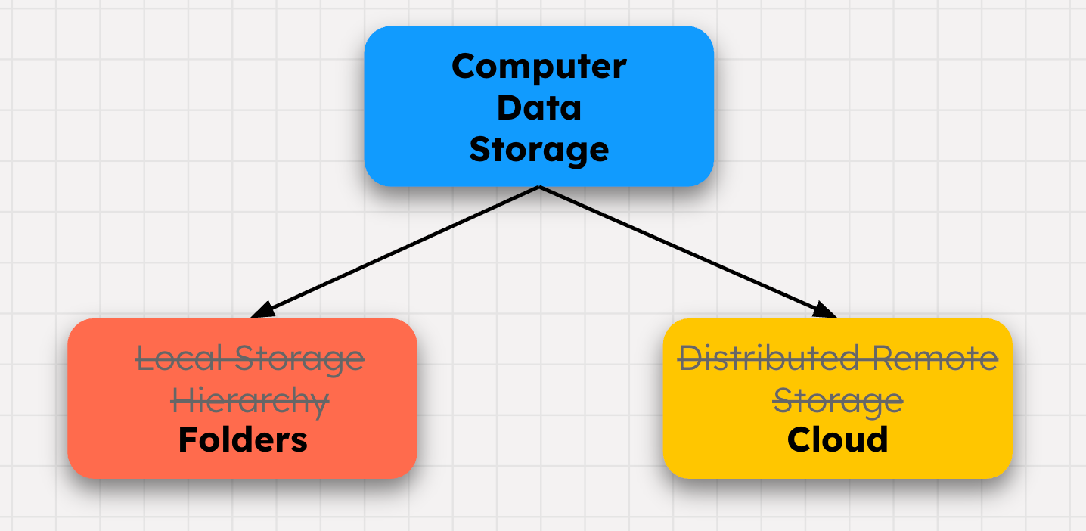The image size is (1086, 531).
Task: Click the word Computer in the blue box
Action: [538, 67]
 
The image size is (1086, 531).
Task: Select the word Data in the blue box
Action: [538, 107]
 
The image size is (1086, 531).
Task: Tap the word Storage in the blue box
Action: [538, 150]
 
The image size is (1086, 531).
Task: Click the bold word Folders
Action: [243, 439]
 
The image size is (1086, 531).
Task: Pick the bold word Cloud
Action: [837, 439]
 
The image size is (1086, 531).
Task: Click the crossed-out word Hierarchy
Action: [250, 400]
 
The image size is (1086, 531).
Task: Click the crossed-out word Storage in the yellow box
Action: [838, 400]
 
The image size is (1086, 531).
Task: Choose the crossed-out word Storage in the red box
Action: [299, 359]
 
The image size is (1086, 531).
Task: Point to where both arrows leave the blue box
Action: [538, 187]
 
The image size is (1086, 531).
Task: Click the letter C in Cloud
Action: [801, 439]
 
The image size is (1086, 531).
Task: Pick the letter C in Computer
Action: [464, 67]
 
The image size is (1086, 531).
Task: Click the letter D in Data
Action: [508, 107]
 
